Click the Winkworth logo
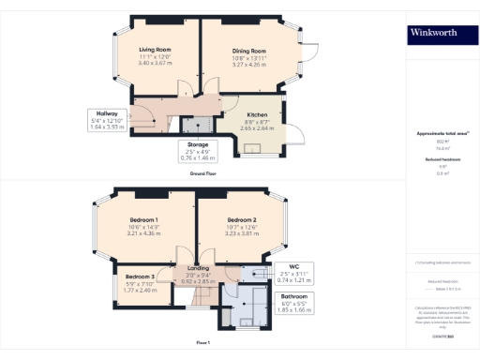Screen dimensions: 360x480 (x=433, y=34)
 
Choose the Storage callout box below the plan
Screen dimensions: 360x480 (x=197, y=152)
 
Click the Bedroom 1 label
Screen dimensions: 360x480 (x=144, y=220)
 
